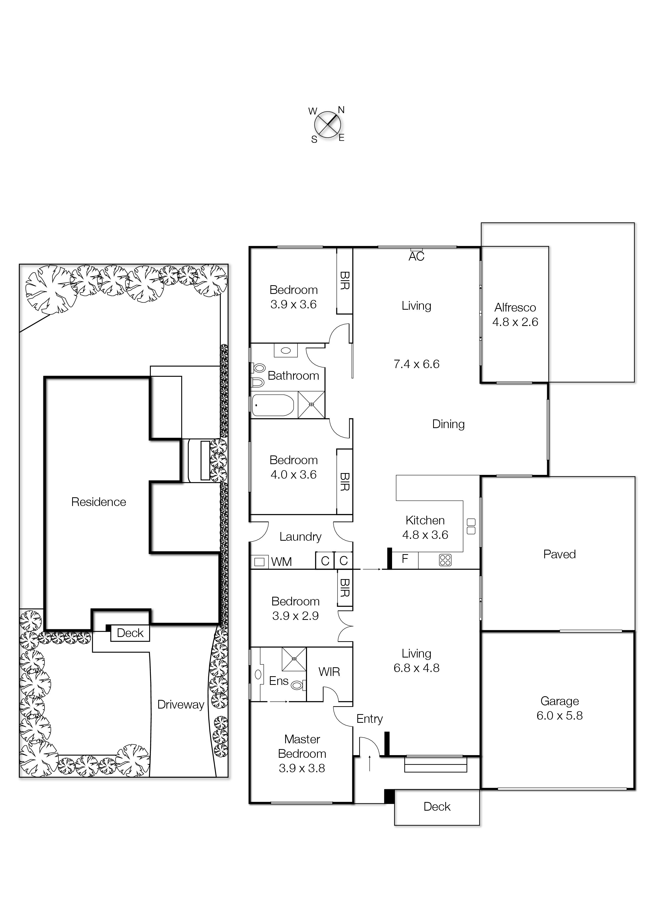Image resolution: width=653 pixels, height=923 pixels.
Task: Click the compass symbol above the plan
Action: click(328, 125)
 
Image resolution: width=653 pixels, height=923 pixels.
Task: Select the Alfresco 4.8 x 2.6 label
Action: click(515, 315)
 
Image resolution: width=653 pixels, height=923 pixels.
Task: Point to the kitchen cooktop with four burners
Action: click(445, 560)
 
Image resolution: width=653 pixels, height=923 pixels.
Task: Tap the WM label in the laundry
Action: click(281, 562)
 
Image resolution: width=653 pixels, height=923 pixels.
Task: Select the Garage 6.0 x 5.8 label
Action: click(559, 708)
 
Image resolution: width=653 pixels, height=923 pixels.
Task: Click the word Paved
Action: click(559, 554)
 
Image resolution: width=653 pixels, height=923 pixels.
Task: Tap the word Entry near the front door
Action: click(369, 719)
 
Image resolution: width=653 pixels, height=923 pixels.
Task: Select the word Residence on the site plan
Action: click(98, 502)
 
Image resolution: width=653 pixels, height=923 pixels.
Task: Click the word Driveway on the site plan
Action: click(181, 704)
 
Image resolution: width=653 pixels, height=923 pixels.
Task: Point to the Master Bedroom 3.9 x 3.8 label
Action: click(302, 754)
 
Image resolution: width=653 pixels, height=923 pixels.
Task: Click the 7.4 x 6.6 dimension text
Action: click(417, 364)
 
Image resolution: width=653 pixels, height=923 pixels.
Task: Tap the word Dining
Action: click(448, 424)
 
